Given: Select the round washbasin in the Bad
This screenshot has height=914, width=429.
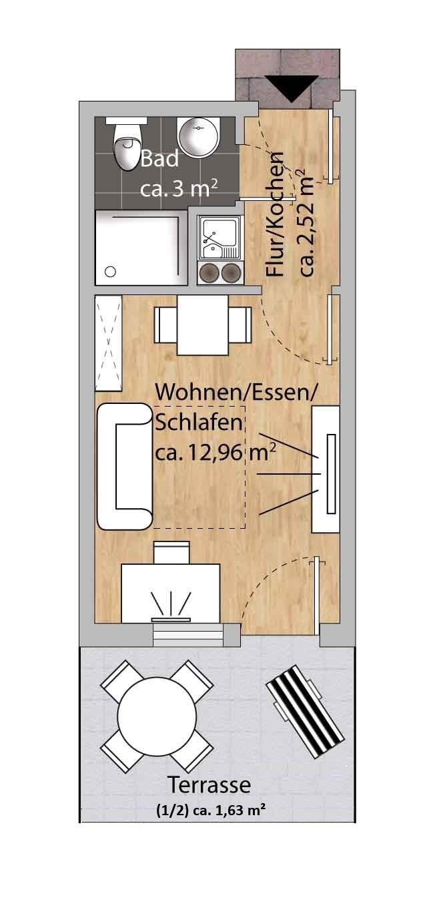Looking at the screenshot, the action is [x=199, y=137].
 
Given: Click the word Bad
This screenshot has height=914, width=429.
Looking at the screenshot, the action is [x=159, y=159].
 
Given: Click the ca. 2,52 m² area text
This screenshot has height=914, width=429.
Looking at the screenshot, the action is [x=307, y=222].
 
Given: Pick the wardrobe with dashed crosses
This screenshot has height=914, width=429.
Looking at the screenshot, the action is [x=109, y=344].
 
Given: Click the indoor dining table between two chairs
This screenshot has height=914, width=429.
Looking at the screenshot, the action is [x=202, y=324].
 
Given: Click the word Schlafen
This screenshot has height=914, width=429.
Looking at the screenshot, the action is [x=199, y=423].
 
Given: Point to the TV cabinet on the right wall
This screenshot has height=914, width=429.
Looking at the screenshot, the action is [x=326, y=469].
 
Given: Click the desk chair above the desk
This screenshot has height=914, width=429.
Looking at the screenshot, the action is [x=171, y=553].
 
